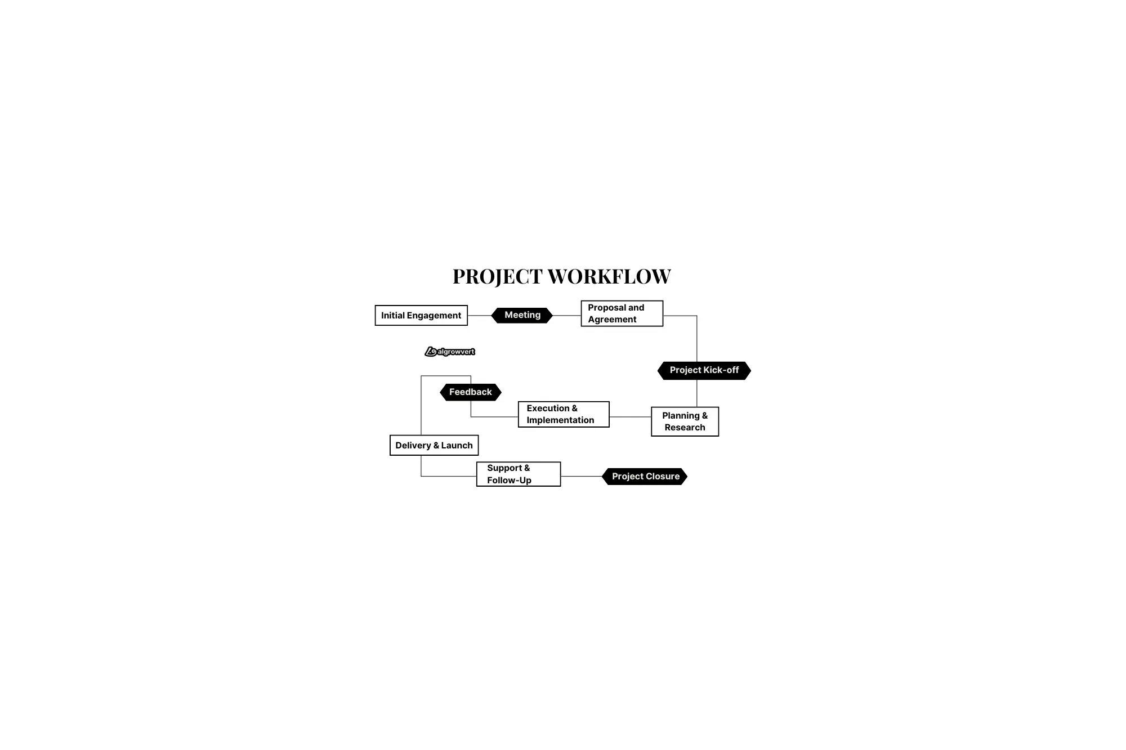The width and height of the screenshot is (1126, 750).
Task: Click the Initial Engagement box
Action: [421, 315]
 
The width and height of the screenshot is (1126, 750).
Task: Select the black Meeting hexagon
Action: [522, 315]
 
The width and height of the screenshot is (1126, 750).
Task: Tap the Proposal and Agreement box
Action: [622, 313]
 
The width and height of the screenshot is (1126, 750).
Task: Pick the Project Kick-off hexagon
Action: [704, 370]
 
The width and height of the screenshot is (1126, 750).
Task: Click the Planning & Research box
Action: [685, 421]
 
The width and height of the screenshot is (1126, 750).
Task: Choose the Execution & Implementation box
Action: [564, 414]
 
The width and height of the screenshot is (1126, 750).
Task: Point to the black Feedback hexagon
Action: [471, 392]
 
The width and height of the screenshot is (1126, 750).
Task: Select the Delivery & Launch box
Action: [434, 445]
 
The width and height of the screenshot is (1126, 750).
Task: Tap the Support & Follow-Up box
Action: [519, 474]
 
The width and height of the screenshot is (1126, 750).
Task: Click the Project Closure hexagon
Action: [645, 477]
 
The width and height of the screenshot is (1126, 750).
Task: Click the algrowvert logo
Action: [450, 352]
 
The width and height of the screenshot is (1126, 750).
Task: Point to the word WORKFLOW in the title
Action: [609, 276]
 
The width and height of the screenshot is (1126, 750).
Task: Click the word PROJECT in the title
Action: [498, 276]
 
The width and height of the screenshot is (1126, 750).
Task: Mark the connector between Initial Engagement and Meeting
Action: [480, 316]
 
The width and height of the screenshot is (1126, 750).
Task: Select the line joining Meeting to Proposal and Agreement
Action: [567, 316]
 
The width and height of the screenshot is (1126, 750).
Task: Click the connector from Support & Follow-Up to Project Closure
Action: [582, 477]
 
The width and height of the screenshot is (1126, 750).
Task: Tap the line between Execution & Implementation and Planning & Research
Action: [631, 417]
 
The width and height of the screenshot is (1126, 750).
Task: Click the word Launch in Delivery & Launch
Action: [457, 446]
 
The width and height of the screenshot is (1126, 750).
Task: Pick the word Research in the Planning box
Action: [685, 428]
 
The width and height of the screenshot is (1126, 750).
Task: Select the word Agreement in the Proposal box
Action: [612, 320]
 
